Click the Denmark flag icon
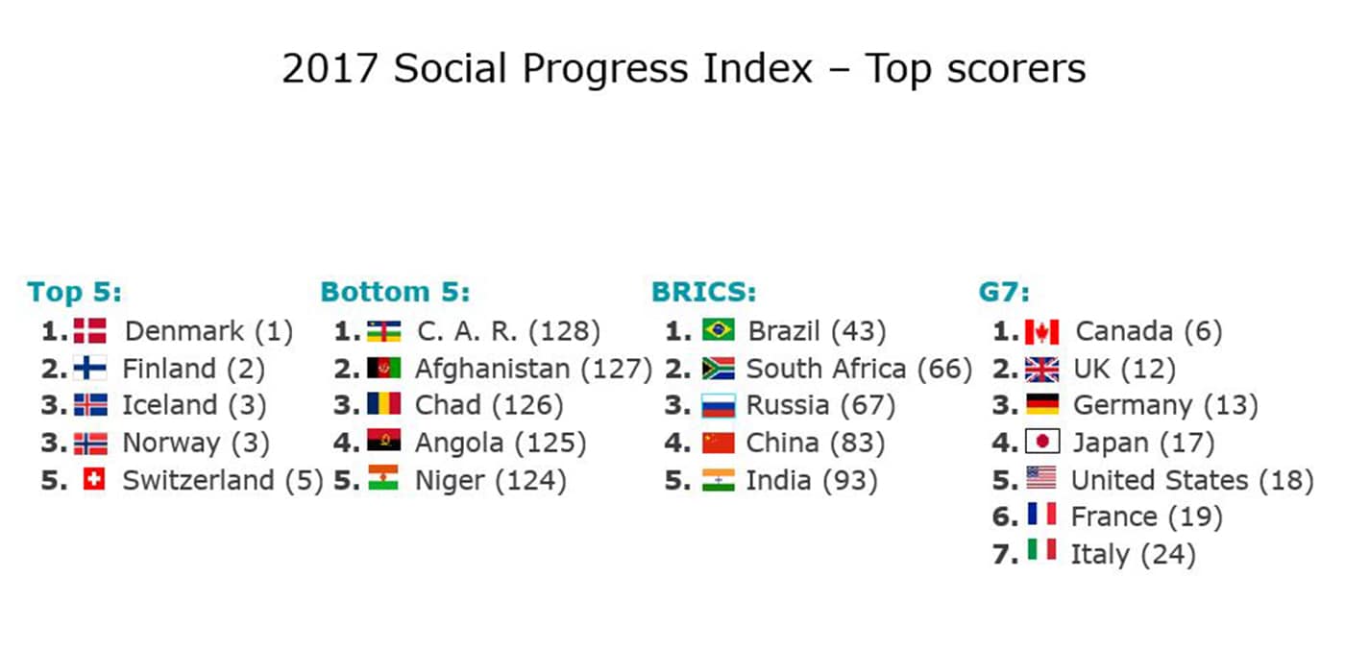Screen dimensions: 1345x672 (90, 330)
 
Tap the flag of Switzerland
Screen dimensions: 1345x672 (94, 479)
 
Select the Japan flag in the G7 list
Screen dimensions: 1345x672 (1042, 442)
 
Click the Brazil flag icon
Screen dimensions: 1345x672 (719, 330)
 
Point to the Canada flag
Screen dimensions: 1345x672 (1041, 331)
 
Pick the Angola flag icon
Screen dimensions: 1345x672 (383, 441)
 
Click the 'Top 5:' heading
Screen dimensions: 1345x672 (75, 292)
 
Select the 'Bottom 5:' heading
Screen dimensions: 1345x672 (395, 292)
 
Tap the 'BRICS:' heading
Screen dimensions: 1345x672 (703, 292)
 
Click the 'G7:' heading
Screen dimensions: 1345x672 (1004, 292)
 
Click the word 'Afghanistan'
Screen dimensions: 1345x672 (492, 369)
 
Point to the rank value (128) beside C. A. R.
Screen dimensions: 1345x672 (565, 331)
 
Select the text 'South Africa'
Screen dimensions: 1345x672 (825, 369)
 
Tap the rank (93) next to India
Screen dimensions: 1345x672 (850, 480)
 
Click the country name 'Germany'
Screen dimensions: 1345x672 (1133, 406)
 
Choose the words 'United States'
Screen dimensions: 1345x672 (1160, 480)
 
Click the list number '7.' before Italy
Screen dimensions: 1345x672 (1005, 554)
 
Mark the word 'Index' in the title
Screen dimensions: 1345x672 (758, 68)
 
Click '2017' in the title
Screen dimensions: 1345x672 (330, 68)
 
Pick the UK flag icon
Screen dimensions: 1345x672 (1041, 369)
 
